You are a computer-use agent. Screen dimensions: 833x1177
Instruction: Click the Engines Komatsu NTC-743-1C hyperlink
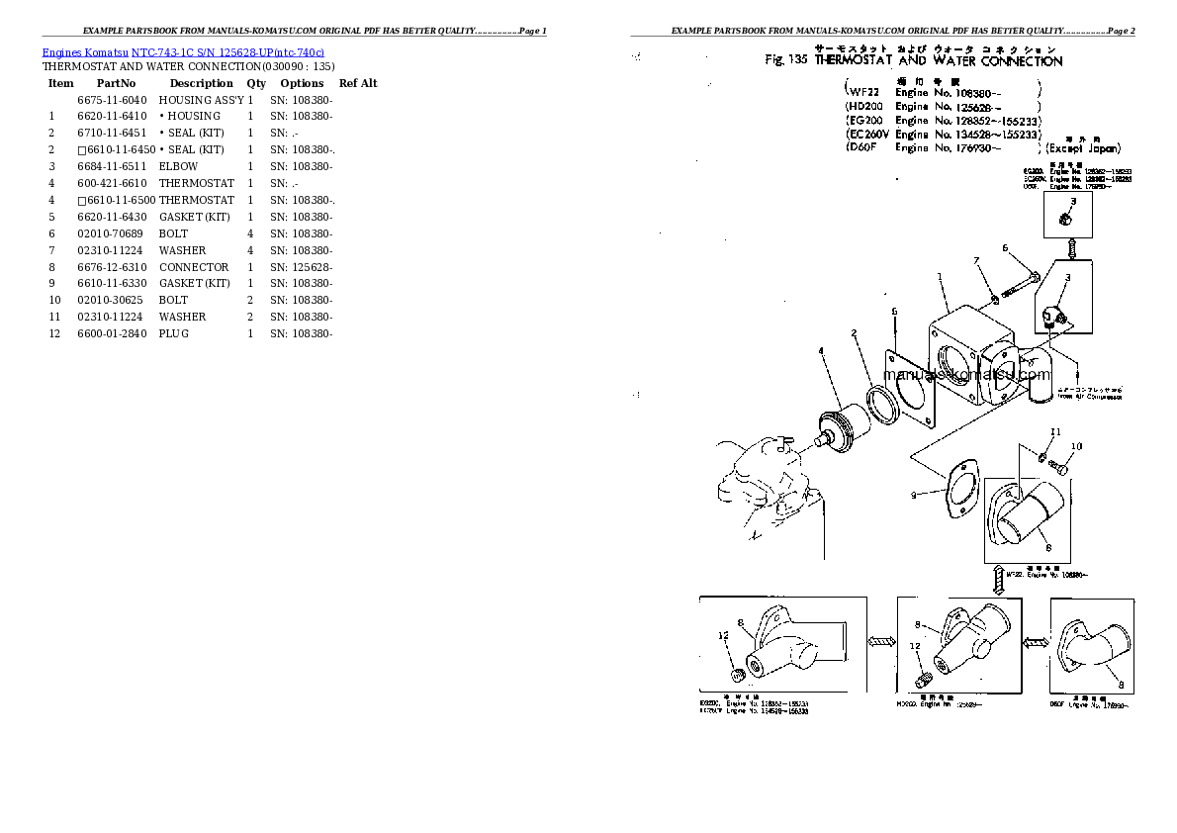[183, 51]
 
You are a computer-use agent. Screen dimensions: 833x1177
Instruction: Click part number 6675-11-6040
[111, 100]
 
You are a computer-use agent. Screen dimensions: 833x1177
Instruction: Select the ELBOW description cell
[178, 167]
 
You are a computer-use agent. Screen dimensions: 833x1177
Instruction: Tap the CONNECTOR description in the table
[194, 267]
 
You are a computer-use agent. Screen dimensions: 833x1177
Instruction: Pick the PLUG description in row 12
[174, 333]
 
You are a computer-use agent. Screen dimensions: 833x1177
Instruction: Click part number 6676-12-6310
[111, 267]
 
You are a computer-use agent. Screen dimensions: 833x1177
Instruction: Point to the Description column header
[201, 83]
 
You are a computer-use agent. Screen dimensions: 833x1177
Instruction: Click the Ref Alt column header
[358, 83]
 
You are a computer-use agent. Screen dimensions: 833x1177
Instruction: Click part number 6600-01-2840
[111, 333]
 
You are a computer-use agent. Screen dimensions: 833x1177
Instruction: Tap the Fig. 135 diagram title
[914, 61]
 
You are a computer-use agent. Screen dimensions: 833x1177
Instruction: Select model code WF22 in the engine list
[863, 92]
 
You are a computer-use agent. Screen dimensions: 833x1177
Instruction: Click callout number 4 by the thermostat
[820, 350]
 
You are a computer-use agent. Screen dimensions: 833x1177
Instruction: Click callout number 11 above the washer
[1055, 432]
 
